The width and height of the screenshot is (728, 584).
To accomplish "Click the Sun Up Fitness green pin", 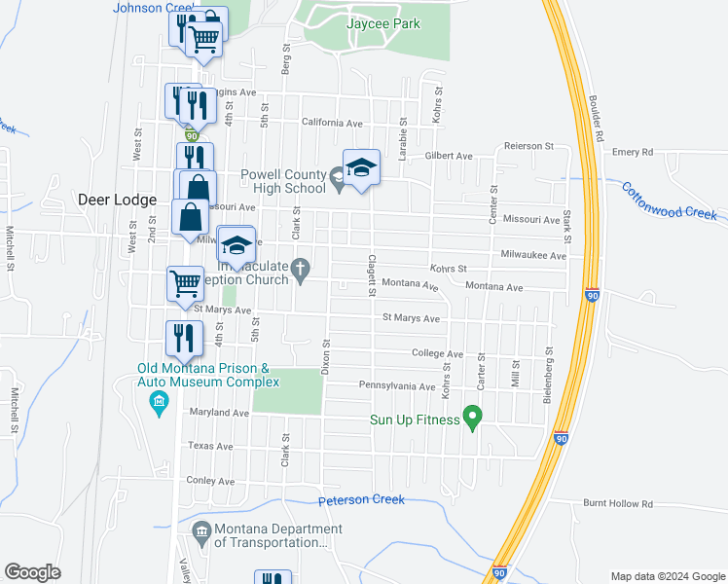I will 473,418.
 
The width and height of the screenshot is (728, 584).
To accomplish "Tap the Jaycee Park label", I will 384,23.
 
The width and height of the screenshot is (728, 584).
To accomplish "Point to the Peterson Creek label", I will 361,499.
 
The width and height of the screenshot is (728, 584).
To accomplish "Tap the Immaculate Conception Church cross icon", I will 302,268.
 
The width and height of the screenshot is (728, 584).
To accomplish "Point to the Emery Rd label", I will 633,152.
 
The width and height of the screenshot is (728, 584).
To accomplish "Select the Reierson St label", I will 528,146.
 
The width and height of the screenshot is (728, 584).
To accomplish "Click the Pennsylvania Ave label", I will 397,386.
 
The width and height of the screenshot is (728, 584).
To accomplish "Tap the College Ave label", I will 437,354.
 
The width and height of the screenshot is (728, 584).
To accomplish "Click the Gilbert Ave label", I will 448,156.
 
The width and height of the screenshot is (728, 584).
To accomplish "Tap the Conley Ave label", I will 211,481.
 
